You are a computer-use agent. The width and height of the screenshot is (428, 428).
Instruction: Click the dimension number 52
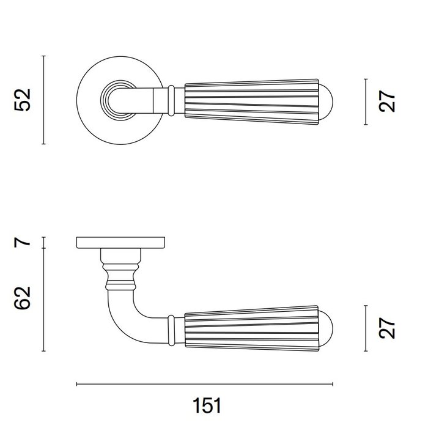[23, 100]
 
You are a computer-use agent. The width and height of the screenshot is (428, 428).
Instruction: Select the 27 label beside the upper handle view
[387, 101]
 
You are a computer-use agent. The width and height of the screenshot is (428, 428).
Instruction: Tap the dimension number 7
[23, 242]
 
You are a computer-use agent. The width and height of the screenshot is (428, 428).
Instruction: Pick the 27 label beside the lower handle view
[387, 328]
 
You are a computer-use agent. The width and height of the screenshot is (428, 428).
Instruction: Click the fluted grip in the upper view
[251, 99]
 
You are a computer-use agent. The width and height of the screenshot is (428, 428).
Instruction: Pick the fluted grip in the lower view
[251, 328]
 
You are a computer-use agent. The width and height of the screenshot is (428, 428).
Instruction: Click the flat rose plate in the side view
[120, 243]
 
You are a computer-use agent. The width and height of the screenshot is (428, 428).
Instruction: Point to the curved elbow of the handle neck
[122, 315]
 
